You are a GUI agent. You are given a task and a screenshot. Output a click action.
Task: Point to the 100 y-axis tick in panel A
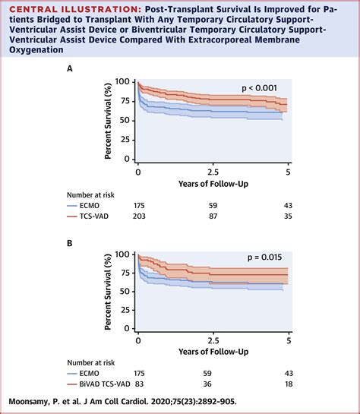[125, 82]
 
